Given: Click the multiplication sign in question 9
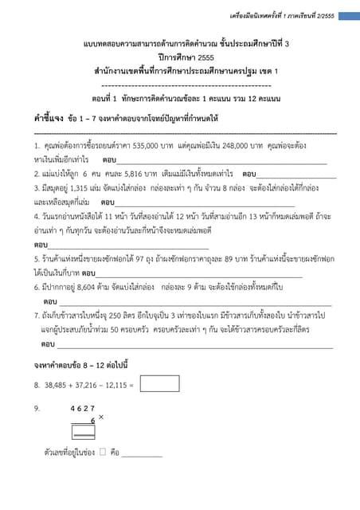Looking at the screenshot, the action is coord(101,417).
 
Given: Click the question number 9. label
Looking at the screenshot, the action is coord(37,408).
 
